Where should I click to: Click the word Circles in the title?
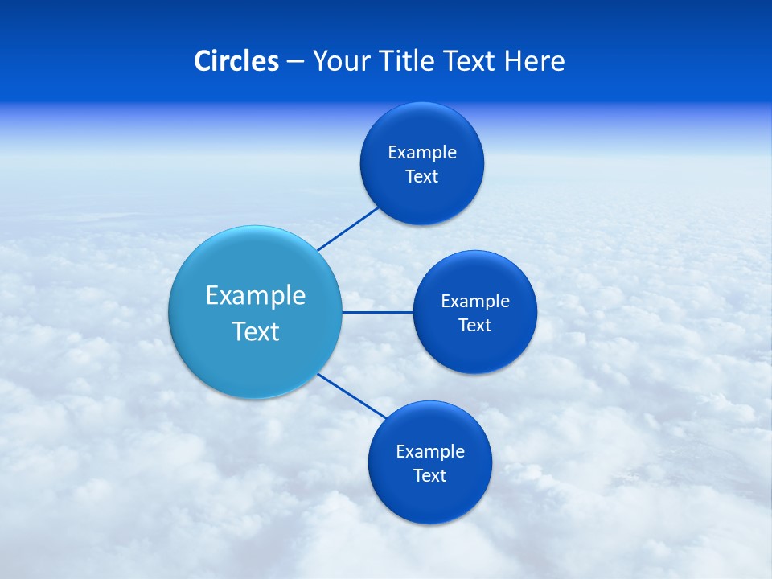pyautogui.click(x=236, y=61)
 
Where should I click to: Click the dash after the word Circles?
pyautogui.click(x=295, y=62)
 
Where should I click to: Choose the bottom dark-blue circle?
pyautogui.click(x=430, y=503)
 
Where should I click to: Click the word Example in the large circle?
pyautogui.click(x=256, y=295)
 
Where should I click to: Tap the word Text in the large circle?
pyautogui.click(x=256, y=331)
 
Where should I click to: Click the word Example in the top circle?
pyautogui.click(x=422, y=152)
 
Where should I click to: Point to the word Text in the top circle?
pyautogui.click(x=422, y=177)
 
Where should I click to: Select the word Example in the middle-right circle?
pyautogui.click(x=475, y=301)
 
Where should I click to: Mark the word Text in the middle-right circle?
pyautogui.click(x=475, y=326)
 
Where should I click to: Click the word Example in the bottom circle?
pyautogui.click(x=430, y=451)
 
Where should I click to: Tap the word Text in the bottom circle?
pyautogui.click(x=430, y=476)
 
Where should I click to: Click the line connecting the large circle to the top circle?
pyautogui.click(x=348, y=228)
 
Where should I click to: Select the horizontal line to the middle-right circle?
pyautogui.click(x=378, y=312)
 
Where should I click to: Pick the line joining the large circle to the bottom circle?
pyautogui.click(x=352, y=396)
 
